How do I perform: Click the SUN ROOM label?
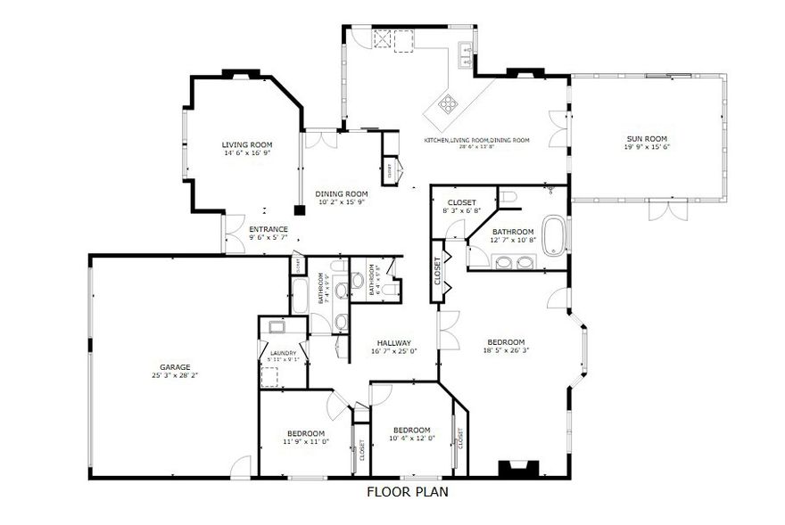[x=648, y=138]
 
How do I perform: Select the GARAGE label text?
[x=175, y=366]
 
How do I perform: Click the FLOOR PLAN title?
[x=408, y=491]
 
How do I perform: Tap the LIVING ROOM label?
[x=247, y=144]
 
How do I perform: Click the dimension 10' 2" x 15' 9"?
[x=342, y=201]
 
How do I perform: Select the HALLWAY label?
[x=393, y=343]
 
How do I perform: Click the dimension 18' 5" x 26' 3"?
[x=505, y=350]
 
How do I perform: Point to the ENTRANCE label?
[x=268, y=229]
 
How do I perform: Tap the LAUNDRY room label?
[x=283, y=353]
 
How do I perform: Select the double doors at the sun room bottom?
[x=668, y=209]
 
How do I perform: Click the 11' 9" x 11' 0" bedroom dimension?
[x=306, y=441]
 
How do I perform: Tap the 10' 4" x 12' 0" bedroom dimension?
[x=411, y=438]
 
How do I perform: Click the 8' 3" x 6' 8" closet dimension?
[x=461, y=210]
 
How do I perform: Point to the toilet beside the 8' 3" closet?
[x=508, y=197]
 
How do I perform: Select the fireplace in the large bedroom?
[x=516, y=469]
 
